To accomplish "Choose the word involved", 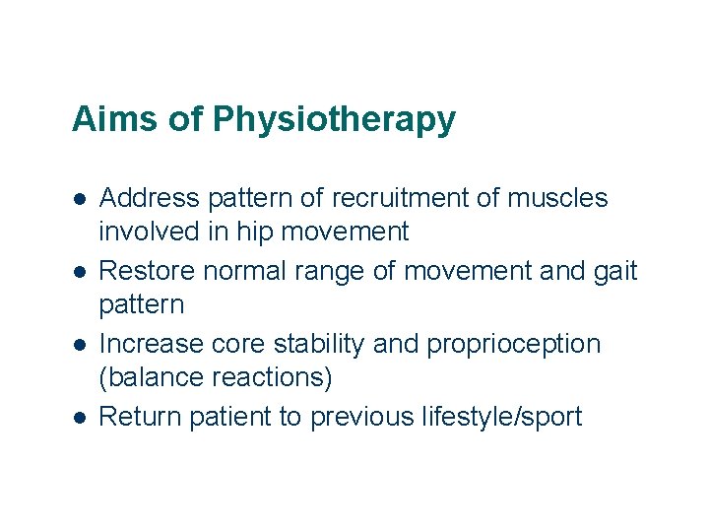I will [x=149, y=233].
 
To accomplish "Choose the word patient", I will [x=233, y=417].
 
